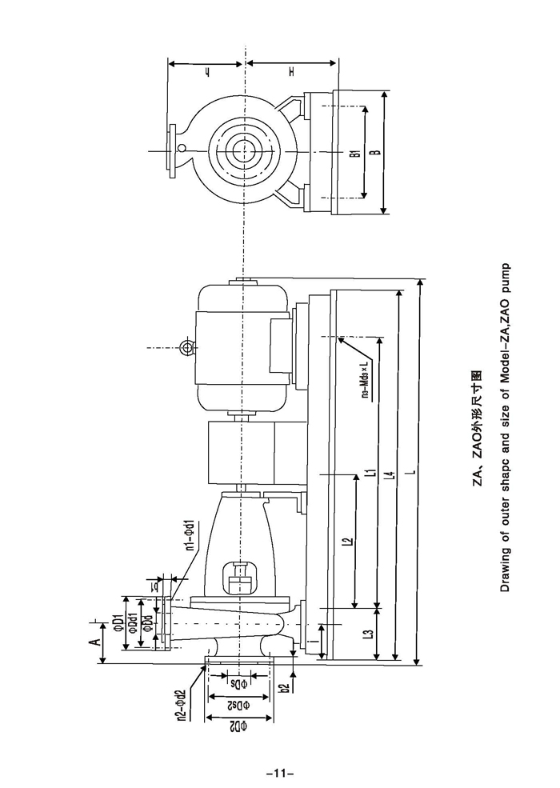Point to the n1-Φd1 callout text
click(190, 536)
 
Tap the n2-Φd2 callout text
click(181, 706)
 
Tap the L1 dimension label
click(369, 472)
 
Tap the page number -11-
click(280, 774)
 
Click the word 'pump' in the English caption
click(505, 276)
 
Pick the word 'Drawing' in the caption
click(505, 571)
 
